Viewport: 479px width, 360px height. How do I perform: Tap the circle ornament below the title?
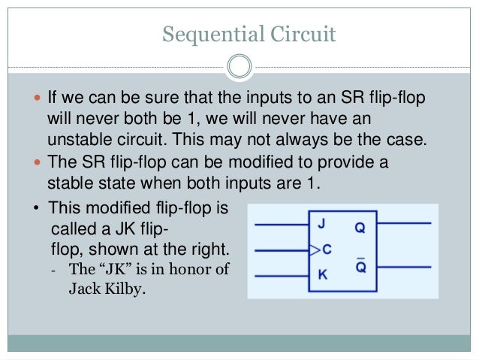239,68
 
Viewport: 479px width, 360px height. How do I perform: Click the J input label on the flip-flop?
322,223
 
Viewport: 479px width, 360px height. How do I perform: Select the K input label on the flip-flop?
322,276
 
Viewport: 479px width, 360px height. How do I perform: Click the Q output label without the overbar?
360,225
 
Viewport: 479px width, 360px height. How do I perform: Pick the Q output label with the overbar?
360,267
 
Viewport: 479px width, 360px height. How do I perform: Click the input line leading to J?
282,223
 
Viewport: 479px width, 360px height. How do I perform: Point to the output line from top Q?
405,223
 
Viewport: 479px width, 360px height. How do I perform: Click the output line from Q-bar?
405,267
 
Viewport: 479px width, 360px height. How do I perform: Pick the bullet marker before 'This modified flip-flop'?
37,210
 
